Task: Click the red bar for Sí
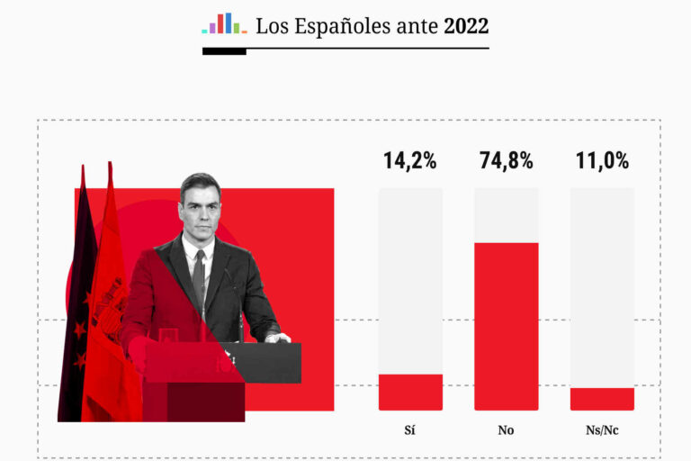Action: click(x=410, y=392)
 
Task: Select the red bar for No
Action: click(x=506, y=326)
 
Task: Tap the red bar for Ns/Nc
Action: click(x=602, y=399)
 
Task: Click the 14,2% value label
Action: click(x=410, y=161)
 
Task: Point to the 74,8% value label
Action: click(x=506, y=161)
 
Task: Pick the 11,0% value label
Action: click(x=602, y=161)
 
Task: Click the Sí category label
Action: click(x=410, y=430)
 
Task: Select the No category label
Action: click(x=506, y=430)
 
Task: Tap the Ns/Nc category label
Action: click(x=602, y=430)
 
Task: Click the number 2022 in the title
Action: click(x=466, y=26)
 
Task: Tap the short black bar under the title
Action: click(x=224, y=51)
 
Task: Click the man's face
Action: click(x=199, y=206)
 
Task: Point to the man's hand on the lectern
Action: click(x=276, y=339)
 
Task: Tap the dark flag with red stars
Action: click(x=76, y=306)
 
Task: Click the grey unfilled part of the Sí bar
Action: click(x=410, y=279)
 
